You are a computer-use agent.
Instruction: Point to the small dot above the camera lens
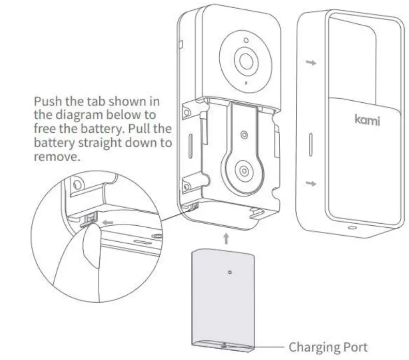246,39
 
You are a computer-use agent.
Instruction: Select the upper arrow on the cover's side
310,62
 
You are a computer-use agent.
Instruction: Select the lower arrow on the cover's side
310,184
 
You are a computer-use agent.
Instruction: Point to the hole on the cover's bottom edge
353,228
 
